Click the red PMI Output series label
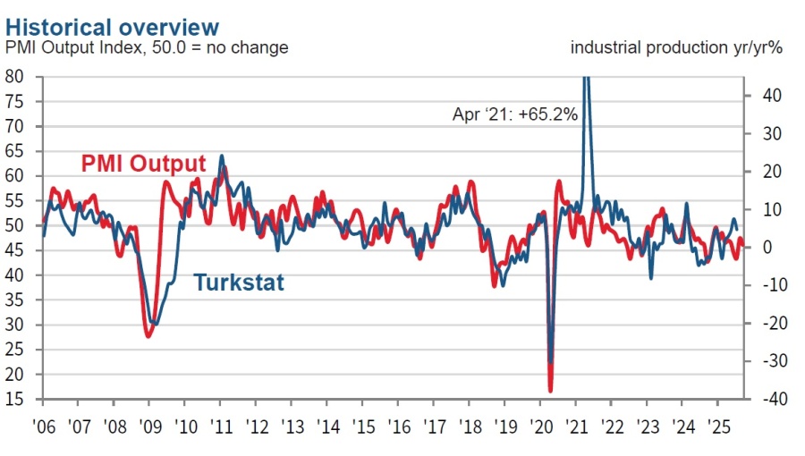143,164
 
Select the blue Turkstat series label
239,283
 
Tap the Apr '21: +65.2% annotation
514,114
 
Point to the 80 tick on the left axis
14,76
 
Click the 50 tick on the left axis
14,225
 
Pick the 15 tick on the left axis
14,399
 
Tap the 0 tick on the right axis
766,247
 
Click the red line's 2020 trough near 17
550,390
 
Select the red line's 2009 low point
148,336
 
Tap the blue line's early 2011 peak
221,156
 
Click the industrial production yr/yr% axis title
676,47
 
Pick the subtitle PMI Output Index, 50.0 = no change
148,47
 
